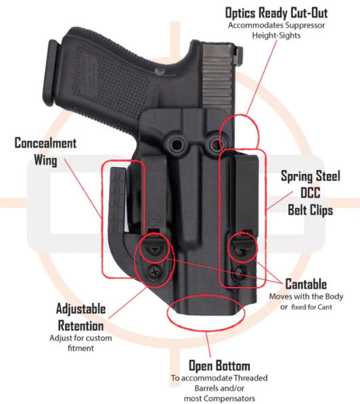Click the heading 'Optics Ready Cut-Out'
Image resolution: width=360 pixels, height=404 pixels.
276,13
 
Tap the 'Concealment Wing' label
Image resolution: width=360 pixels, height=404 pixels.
45,152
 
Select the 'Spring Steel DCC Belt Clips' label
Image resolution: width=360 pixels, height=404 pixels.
311,193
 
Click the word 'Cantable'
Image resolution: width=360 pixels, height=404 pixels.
306,284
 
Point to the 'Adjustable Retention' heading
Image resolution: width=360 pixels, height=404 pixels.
81,317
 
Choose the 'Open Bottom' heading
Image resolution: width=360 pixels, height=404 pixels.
219,365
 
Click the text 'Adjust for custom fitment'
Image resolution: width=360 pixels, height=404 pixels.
81,343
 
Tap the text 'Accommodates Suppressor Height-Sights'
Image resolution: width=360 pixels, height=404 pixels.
276,30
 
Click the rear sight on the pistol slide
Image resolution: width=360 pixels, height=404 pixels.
238,53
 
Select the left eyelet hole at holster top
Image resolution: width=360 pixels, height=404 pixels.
177,144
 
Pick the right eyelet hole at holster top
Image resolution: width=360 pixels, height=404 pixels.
215,144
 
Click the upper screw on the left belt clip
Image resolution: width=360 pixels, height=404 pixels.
154,250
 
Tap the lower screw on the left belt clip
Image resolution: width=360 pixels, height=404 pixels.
154,271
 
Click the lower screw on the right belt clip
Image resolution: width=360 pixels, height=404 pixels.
240,271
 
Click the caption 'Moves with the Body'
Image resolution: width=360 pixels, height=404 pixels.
306,296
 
